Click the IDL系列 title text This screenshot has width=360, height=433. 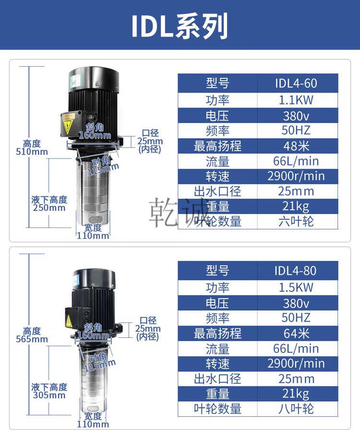[x=180, y=25]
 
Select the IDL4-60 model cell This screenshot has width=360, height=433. [x=296, y=83]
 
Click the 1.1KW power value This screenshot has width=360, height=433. [x=296, y=100]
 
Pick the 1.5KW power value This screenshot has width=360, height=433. [x=296, y=288]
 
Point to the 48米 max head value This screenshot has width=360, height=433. [x=296, y=146]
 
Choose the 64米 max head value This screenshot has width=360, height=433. [x=296, y=333]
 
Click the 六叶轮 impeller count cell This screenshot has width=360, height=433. [x=296, y=221]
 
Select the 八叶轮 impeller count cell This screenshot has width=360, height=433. [x=296, y=409]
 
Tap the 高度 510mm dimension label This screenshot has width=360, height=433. [x=32, y=148]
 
